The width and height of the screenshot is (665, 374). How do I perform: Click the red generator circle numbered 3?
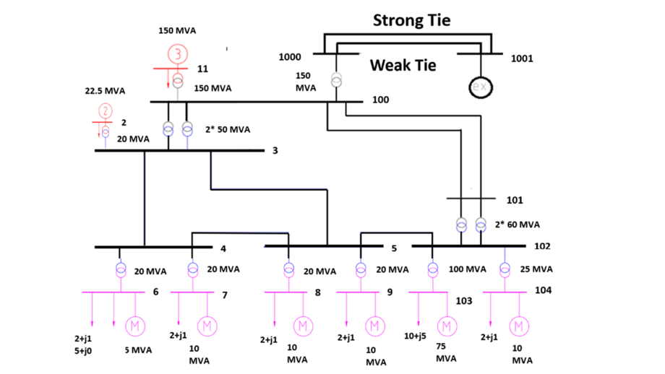click(x=178, y=54)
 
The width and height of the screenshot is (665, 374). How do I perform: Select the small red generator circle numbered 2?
click(x=106, y=111)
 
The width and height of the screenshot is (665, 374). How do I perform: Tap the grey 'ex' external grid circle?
click(x=479, y=87)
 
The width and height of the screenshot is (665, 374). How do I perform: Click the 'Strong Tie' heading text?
click(x=411, y=19)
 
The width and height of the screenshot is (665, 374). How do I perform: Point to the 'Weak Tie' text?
click(x=403, y=66)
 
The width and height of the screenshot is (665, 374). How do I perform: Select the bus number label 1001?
click(x=522, y=58)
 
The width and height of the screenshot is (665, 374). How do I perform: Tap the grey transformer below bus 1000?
click(x=335, y=80)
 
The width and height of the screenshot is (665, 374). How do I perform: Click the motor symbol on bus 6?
click(x=135, y=326)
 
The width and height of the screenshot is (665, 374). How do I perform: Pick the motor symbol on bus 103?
click(x=447, y=326)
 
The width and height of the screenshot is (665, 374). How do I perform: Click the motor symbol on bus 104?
click(x=518, y=326)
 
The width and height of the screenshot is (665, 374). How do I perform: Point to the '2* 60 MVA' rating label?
click(x=517, y=225)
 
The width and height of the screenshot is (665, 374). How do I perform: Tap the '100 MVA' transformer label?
click(x=466, y=270)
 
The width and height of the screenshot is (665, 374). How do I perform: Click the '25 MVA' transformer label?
click(x=536, y=269)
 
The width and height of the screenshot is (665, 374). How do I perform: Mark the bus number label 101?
click(x=513, y=200)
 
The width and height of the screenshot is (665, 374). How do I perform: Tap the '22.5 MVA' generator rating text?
click(x=105, y=91)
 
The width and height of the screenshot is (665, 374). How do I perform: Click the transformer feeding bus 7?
click(x=193, y=270)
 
